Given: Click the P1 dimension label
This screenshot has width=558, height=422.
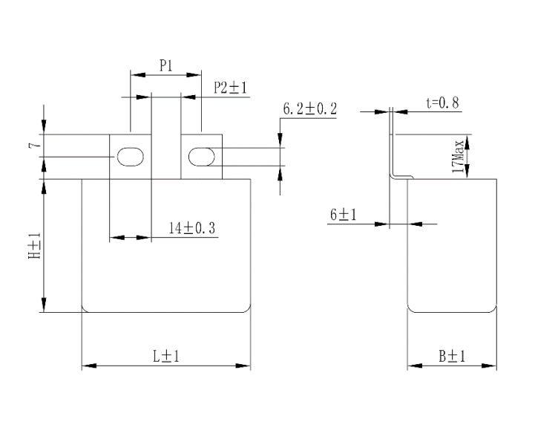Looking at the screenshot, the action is coord(165,65).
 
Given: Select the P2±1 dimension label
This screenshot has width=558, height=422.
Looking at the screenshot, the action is coord(230,88).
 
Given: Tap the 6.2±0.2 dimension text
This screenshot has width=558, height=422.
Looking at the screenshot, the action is coord(309,108).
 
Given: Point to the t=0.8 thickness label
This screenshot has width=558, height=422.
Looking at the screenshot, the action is coord(443,103).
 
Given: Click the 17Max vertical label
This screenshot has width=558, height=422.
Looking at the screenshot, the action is coord(458,157).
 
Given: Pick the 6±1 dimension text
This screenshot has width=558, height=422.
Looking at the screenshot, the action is coord(343,215).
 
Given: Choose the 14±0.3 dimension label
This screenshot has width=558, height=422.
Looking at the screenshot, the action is coord(191,228).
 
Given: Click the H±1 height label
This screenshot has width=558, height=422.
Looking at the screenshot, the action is coord(35,246).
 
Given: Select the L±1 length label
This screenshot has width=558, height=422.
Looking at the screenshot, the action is coord(166,356).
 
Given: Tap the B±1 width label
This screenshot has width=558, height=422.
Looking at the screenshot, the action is coord(452,356).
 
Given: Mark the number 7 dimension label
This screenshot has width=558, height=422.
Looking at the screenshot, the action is coord(35,146).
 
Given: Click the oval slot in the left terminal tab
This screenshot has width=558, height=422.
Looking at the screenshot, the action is coord(131,157).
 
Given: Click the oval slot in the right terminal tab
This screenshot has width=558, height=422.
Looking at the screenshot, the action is coord(201,157).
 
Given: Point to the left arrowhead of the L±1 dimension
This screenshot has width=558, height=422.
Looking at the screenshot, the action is coord(89,366).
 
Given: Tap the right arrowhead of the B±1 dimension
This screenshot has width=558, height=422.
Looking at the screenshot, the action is coord(489,366).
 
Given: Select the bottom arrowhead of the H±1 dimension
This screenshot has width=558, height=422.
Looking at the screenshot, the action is coord(44,305).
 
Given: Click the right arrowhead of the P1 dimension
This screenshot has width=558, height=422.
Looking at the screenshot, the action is coord(194,75).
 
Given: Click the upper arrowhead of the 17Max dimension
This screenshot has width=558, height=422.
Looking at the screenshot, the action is coord(467,142).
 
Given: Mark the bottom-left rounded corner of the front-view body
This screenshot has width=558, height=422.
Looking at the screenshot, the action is coord(84,310).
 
